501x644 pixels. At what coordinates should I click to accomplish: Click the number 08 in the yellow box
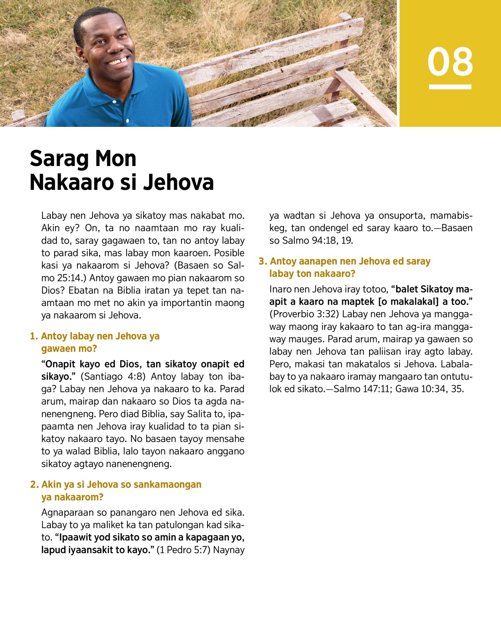pos(450,62)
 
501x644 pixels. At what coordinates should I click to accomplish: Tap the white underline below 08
pos(450,87)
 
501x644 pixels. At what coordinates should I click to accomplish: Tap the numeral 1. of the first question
pos(34,336)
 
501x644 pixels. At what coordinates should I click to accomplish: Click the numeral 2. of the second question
pos(34,485)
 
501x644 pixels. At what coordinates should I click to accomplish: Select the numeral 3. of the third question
pos(263,261)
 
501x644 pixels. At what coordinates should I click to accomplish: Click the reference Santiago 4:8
pos(114,376)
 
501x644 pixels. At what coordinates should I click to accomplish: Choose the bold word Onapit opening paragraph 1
pos(61,364)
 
